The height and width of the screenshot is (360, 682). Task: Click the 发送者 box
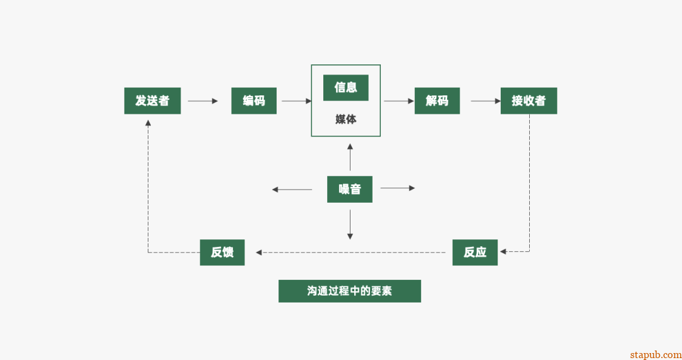(x=152, y=100)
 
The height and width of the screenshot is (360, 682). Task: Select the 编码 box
(x=254, y=100)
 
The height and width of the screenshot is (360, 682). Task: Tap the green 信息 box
(x=345, y=88)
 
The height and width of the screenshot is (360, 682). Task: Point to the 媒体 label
(x=345, y=119)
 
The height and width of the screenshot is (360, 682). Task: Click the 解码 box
(x=437, y=100)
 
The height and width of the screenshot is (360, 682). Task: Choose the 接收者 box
(x=529, y=100)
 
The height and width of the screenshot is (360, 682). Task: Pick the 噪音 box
(x=349, y=189)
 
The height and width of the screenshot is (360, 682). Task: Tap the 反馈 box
(x=222, y=252)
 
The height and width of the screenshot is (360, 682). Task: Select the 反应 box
(x=475, y=252)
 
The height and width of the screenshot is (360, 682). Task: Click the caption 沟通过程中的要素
(x=349, y=291)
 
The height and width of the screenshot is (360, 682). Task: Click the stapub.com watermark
(x=655, y=354)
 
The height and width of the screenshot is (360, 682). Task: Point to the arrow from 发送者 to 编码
(x=203, y=100)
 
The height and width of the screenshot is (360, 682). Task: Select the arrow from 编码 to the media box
(x=297, y=100)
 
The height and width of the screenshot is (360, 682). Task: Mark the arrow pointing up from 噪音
(x=350, y=157)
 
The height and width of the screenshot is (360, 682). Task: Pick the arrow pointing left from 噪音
(x=292, y=189)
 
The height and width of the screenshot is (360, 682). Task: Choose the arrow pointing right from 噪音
(x=398, y=188)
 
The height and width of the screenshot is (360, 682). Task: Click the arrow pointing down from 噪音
(x=350, y=225)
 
